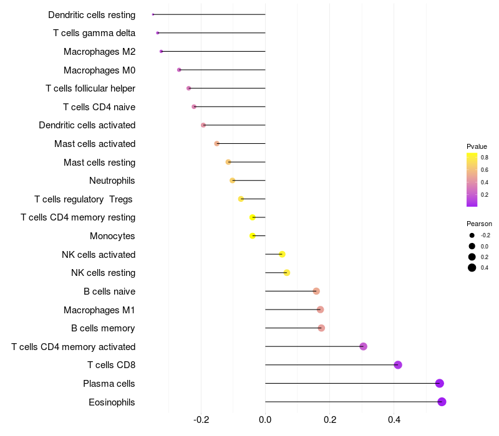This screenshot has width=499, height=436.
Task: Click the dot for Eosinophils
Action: (442, 402)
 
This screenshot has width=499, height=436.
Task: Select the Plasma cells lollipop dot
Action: (439, 383)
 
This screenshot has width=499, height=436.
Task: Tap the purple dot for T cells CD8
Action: (398, 365)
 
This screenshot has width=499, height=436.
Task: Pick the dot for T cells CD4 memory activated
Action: (363, 346)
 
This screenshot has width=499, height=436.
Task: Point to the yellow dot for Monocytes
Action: (253, 235)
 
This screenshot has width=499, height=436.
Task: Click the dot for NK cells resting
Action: (287, 273)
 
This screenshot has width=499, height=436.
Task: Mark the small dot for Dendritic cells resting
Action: (153, 14)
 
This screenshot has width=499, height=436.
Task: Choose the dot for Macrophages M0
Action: (179, 70)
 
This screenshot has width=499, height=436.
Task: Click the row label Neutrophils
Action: (112, 181)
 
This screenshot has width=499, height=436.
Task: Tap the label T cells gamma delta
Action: (94, 32)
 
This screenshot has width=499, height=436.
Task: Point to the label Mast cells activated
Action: (95, 144)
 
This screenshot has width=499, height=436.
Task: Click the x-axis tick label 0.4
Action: (394, 420)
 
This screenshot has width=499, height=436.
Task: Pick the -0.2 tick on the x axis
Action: (201, 420)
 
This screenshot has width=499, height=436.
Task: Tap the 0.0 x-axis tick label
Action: (265, 420)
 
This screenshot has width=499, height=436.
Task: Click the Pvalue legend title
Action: (477, 146)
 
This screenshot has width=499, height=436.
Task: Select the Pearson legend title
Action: (479, 224)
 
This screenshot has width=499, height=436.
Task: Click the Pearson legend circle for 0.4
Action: (472, 268)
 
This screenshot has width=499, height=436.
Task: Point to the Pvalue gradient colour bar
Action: (472, 179)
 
